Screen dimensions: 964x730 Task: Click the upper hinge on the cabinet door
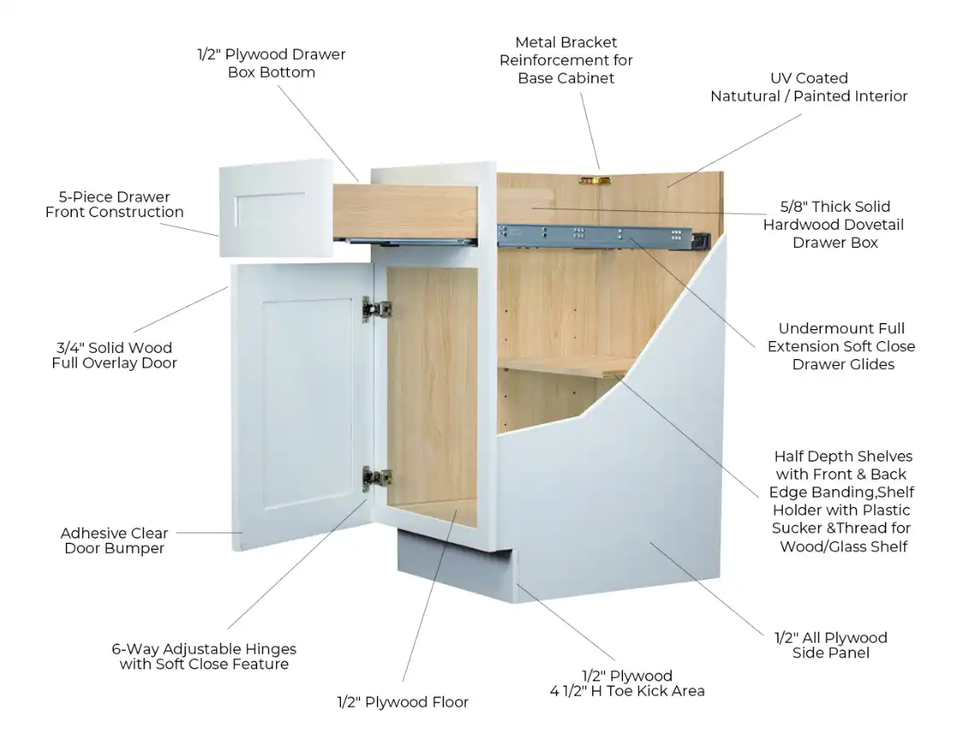point(376,309)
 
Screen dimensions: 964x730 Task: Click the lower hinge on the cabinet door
point(376,478)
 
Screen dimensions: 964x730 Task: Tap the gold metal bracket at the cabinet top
point(595,181)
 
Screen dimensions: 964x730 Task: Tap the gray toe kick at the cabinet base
point(455,566)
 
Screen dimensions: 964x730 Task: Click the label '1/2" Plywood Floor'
point(403,702)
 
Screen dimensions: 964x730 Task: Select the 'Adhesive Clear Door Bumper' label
point(115,540)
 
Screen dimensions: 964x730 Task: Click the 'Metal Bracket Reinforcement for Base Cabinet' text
point(566,61)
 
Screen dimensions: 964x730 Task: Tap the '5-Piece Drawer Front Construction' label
point(115,204)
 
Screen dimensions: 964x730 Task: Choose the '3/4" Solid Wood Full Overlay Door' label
point(115,355)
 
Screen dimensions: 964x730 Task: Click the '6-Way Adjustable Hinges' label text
point(204,649)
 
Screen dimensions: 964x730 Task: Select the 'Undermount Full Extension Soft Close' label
point(841,337)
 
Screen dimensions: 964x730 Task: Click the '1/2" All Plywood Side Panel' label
point(831,645)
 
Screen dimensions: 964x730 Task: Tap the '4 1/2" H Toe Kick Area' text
point(627,692)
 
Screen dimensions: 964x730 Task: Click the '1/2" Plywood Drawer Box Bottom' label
point(271,63)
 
